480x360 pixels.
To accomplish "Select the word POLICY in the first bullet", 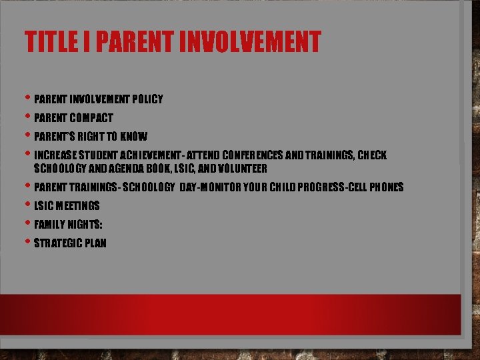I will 147,99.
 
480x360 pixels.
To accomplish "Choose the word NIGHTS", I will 85,225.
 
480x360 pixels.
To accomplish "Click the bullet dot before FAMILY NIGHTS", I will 27,223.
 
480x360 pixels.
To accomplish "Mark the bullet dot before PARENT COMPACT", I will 27,117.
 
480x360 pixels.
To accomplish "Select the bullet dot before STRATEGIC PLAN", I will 27,242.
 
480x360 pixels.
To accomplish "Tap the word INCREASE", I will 55,155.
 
